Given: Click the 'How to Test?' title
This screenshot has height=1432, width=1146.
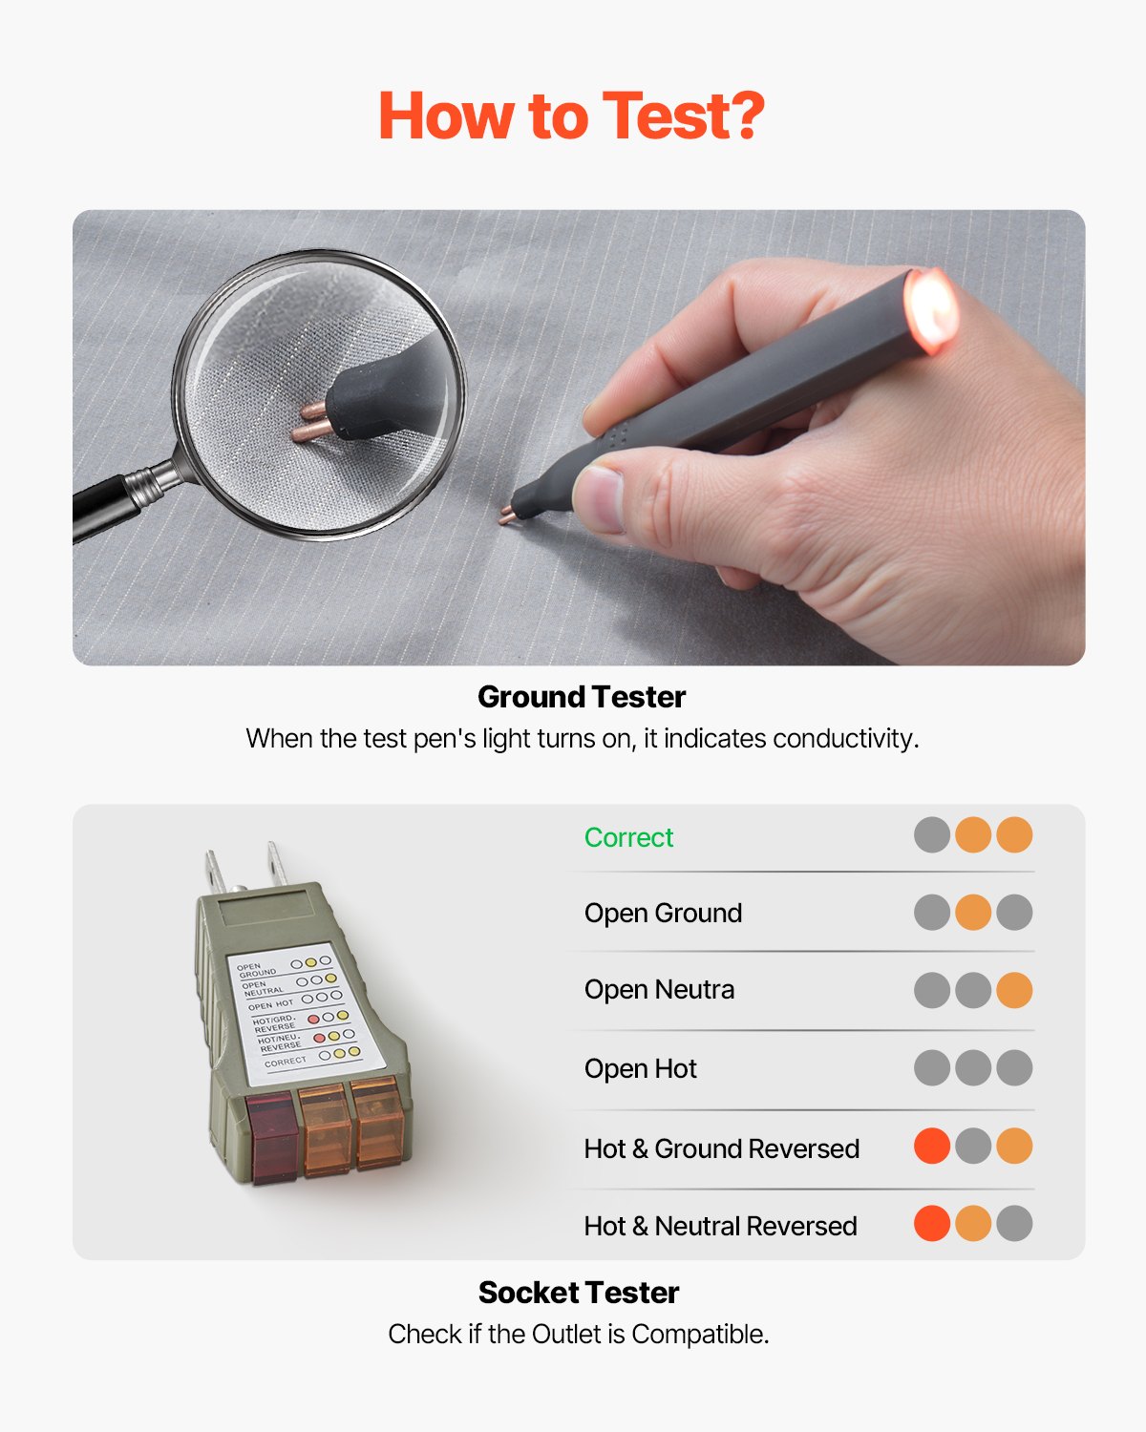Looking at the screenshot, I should pos(571,116).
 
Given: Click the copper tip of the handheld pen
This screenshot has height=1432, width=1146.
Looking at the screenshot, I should pos(506,517).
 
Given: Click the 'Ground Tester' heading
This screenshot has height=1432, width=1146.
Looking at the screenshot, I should pos(581,697).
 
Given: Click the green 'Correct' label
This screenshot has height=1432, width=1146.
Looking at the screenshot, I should pos(628,837).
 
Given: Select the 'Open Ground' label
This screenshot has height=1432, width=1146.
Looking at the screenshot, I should pos(663,913).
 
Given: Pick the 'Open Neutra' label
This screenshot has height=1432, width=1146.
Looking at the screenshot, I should pos(659,990).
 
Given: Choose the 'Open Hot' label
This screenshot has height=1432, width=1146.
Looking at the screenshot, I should pos(640,1068).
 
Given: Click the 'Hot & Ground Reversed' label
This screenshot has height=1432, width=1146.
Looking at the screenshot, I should pos(721,1148).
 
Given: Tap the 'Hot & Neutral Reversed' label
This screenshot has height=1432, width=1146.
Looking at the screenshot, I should pos(720,1226).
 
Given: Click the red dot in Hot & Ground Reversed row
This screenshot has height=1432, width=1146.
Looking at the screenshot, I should pos(932,1146).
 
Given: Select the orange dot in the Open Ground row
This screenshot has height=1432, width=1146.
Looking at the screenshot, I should pos(973,912).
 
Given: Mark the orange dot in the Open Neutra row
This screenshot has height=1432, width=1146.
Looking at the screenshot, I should pos(1014,990).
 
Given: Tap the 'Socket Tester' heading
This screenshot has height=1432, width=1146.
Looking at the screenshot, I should pos(578,1293).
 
